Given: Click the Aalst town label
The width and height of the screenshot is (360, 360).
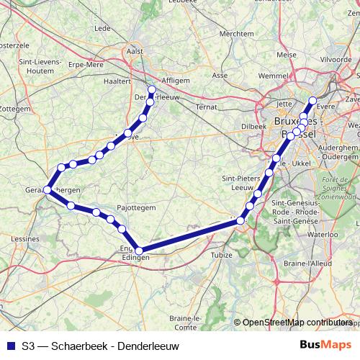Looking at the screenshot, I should (135, 52).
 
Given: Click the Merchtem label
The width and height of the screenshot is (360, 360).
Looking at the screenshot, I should (236, 33).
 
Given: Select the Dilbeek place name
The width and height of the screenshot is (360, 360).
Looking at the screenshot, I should (253, 125).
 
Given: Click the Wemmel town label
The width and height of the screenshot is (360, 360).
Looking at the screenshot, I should (271, 75).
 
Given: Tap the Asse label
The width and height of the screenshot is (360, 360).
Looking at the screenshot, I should (220, 75).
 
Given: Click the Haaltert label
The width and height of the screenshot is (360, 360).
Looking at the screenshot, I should (117, 81).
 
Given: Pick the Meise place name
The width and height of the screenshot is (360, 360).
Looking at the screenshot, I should (286, 55).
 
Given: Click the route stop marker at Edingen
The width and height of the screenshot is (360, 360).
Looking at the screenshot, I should (138, 251).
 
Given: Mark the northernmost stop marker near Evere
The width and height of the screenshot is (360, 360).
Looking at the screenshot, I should (312, 101).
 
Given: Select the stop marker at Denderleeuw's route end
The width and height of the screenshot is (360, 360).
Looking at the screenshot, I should (151, 90).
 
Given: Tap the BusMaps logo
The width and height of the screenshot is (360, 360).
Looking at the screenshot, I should (330, 346).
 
